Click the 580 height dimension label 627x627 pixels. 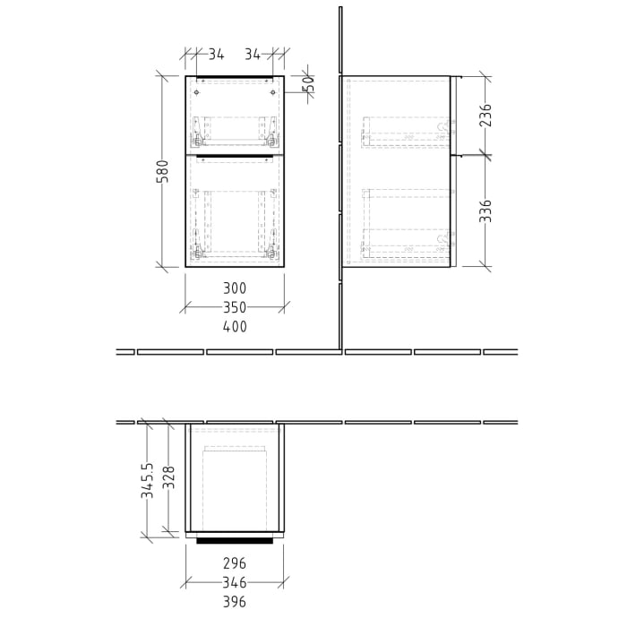pos(162,172)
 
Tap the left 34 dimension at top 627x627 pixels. pos(216,55)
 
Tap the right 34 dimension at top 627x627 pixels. pos(253,55)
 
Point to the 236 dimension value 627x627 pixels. pos(485,115)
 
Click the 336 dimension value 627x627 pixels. pos(485,210)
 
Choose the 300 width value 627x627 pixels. pos(235,288)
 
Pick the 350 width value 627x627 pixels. pos(235,307)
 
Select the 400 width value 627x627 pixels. pos(235,327)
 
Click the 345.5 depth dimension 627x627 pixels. pos(148,480)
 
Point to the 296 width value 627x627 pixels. pos(235,563)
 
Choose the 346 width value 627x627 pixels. pos(235,582)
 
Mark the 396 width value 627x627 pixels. pos(235,602)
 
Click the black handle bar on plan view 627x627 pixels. pos(235,541)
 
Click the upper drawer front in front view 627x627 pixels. pos(235,115)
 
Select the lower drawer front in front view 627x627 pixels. pos(235,211)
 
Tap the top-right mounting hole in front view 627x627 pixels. pos(271,90)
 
